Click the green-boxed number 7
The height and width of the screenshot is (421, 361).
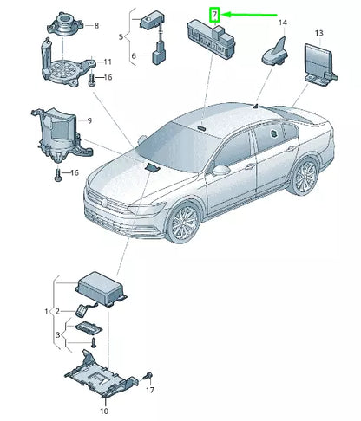(214, 15)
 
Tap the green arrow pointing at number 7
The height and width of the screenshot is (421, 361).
(250, 15)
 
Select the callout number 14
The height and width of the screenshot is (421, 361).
(283, 23)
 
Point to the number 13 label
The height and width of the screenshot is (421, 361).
(318, 33)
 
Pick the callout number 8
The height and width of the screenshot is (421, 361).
(96, 26)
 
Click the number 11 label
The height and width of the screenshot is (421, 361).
(108, 62)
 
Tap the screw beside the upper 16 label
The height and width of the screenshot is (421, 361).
(91, 80)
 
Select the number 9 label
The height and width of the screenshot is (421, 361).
(89, 120)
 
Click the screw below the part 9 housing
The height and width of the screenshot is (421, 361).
(58, 176)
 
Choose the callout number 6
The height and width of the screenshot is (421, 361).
(134, 55)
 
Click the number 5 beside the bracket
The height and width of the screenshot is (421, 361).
(121, 37)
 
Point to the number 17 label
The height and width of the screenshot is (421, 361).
(150, 390)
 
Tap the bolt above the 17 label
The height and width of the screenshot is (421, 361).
(148, 376)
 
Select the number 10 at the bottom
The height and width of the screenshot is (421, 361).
(104, 411)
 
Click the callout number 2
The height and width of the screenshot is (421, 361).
(57, 311)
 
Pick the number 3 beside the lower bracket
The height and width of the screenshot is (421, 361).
(58, 334)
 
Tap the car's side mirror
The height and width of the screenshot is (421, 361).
(220, 171)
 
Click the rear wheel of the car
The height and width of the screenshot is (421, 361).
(304, 176)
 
